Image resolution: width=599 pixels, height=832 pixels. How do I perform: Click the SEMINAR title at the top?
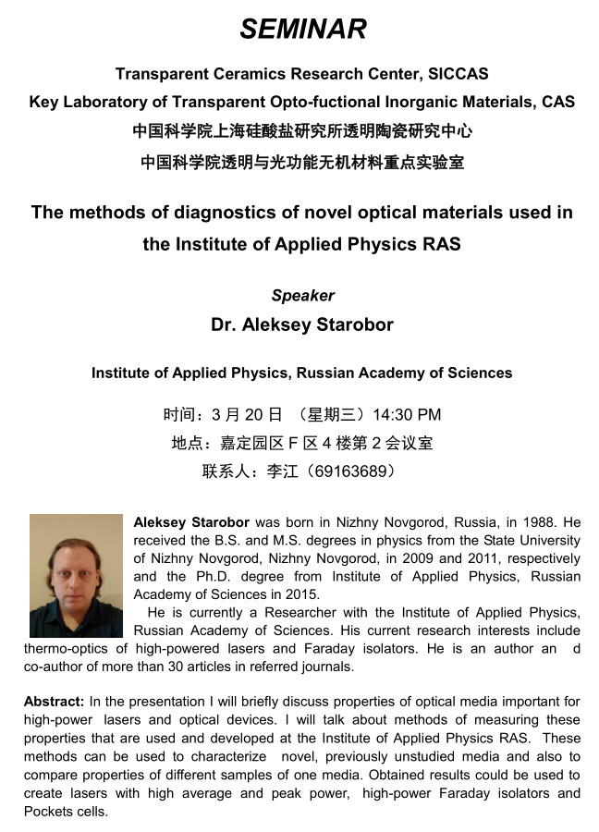pos(303,29)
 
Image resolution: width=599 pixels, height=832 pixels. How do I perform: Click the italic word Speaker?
pos(302,296)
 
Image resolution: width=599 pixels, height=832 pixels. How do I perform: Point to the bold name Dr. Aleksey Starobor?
pos(302,324)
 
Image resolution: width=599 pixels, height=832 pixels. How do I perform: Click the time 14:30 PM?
pos(408,414)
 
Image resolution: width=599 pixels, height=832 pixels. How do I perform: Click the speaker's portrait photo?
pos(76,576)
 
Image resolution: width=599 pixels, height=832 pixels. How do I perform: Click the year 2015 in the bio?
pos(300,594)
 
